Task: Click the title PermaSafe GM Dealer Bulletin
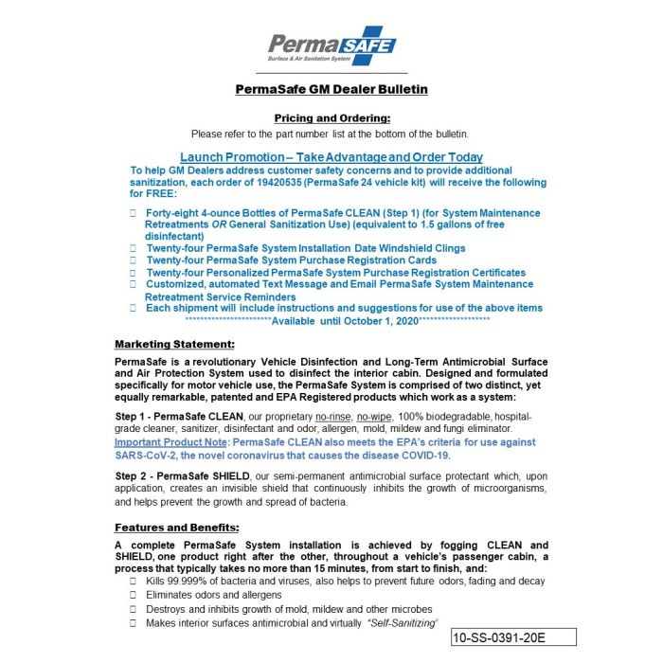pyautogui.click(x=331, y=89)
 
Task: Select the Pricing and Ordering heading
pyautogui.click(x=331, y=117)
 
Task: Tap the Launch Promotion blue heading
pyautogui.click(x=331, y=156)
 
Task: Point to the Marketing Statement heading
pyautogui.click(x=174, y=343)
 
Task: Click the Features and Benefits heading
pyautogui.click(x=176, y=527)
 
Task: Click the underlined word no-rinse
pyautogui.click(x=333, y=417)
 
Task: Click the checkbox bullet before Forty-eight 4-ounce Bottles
pyautogui.click(x=134, y=213)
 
